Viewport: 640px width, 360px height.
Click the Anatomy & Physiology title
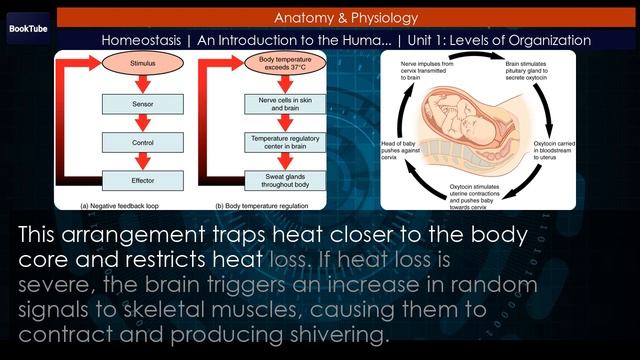pyautogui.click(x=346, y=17)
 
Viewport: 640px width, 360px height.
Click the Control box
pyautogui.click(x=141, y=142)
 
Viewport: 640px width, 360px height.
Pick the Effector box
pyautogui.click(x=141, y=181)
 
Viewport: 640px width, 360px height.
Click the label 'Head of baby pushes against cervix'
pyautogui.click(x=399, y=151)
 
